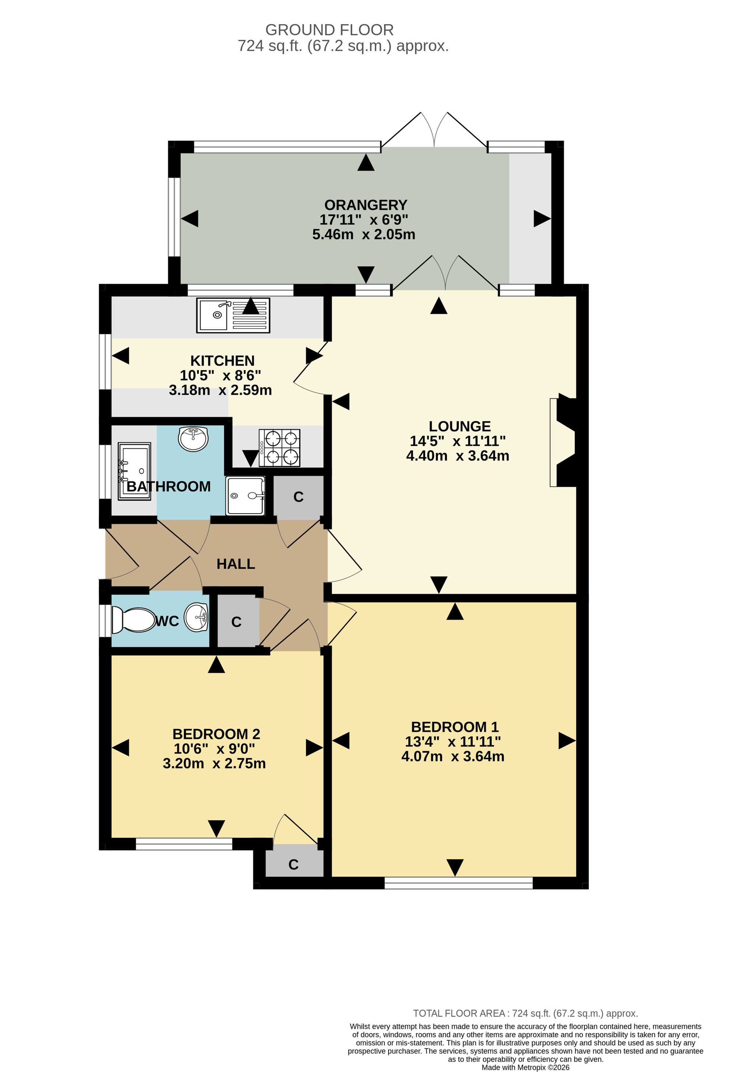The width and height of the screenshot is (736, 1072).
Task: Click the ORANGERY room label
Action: (365, 205)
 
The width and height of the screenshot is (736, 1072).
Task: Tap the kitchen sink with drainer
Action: (233, 315)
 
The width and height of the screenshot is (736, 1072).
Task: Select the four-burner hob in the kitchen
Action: (280, 447)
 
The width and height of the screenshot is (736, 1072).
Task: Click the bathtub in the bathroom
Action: (134, 471)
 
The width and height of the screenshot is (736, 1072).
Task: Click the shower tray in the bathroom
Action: (245, 496)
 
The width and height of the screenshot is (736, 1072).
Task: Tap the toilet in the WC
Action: (133, 620)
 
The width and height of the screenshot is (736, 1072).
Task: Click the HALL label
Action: (236, 564)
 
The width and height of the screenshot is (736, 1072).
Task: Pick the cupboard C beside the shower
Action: (298, 496)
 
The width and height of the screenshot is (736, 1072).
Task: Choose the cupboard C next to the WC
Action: (237, 621)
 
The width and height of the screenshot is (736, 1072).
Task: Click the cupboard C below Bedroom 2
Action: (294, 864)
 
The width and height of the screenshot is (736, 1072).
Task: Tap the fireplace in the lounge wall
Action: (563, 442)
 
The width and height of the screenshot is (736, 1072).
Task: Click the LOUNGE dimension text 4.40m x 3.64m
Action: (458, 456)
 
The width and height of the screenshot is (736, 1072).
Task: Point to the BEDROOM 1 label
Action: (455, 727)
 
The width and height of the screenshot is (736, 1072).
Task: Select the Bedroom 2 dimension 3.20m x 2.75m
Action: (214, 763)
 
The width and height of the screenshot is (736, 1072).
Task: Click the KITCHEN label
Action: (222, 360)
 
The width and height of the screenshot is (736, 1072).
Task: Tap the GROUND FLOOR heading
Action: (329, 30)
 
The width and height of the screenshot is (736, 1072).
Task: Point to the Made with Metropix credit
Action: (526, 1067)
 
